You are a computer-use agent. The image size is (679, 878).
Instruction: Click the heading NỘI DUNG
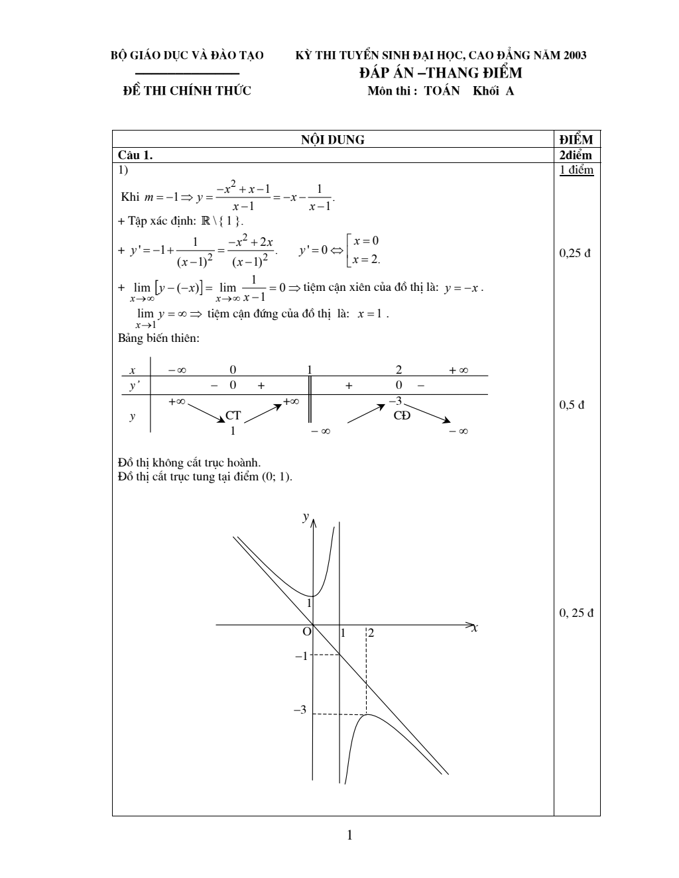(333, 140)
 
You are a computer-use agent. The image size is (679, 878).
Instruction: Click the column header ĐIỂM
(576, 140)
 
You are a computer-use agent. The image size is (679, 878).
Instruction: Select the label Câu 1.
(135, 155)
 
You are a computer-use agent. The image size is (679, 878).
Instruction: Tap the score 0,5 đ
(572, 405)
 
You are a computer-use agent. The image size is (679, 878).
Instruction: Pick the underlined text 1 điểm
(576, 170)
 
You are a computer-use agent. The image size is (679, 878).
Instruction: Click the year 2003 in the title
(575, 55)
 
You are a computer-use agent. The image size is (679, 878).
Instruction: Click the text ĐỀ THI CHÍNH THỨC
(188, 91)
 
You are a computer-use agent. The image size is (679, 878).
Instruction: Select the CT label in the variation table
(233, 415)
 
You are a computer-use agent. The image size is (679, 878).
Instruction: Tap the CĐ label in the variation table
(402, 415)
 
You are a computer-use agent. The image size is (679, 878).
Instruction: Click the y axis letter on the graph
(305, 517)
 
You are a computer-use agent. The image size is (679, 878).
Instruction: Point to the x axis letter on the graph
(475, 628)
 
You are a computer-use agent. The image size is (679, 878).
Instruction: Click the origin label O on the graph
(306, 632)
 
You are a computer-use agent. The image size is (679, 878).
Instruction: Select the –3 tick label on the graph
(300, 710)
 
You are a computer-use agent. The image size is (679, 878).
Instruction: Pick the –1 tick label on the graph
(301, 656)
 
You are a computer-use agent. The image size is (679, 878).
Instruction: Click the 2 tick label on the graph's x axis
(371, 633)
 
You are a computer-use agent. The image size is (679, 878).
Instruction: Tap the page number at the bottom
(349, 835)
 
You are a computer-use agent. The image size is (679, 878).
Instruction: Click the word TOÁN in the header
(442, 91)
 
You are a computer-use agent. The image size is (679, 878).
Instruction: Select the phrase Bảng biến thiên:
(158, 339)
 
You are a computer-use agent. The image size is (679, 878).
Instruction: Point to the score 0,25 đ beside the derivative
(574, 253)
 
